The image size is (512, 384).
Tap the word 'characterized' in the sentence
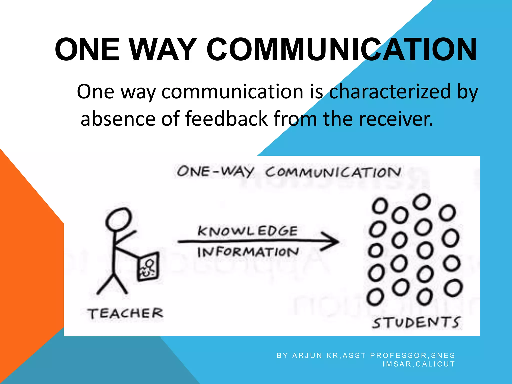pos(390,92)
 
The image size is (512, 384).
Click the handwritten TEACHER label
pos(125,313)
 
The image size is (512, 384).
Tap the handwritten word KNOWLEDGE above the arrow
pos(247,231)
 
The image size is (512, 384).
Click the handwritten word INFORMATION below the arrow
pos(248,252)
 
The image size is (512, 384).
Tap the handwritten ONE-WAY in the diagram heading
pos(215,172)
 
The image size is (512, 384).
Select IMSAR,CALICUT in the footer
pos(419,364)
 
